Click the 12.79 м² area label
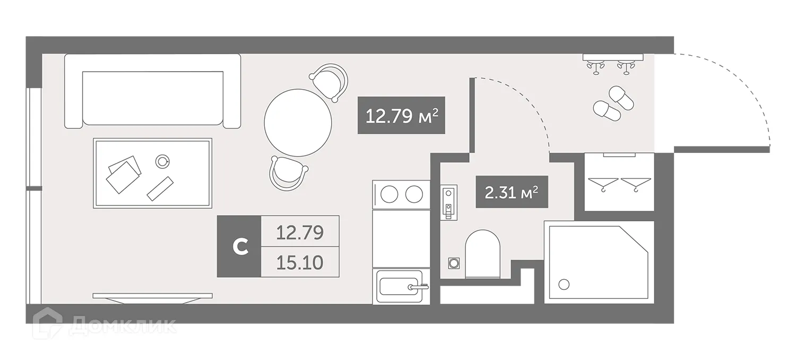pos(401,115)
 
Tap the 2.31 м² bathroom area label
pos(512,192)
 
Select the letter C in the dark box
pos(240,246)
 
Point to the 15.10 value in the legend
pos(300,262)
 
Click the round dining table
pos(298,122)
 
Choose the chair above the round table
pos(329,81)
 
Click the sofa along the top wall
pos(152,91)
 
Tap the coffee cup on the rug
pos(162,160)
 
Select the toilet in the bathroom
pos(483,253)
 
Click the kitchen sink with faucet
pos(398,287)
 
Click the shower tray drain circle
pos(564,285)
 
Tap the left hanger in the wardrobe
pos(604,183)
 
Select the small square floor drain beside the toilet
pos(454,263)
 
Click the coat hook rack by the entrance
pos(612,61)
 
